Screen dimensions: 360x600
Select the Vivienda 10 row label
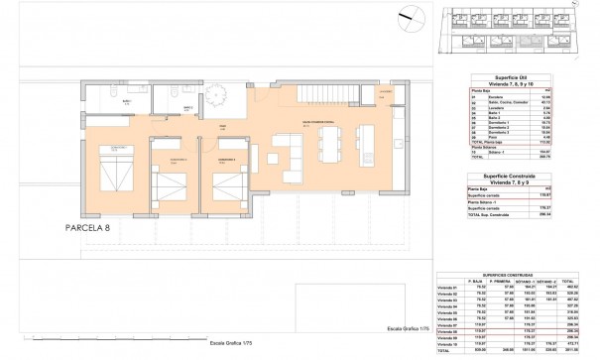pyautogui.click(x=448, y=343)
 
